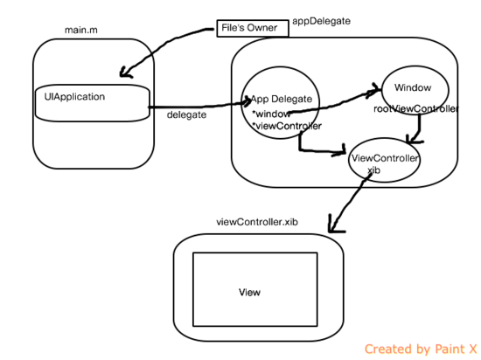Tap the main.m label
pos(81,30)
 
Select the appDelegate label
pos(321,21)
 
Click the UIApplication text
pos(74,97)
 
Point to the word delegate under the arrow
pos(186,114)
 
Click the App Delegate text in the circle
pos(282,100)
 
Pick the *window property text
pos(271,114)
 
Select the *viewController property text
pos(287,126)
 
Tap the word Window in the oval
pos(413,87)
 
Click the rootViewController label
pos(416,108)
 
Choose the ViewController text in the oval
pos(385,158)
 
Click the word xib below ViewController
pos(374,170)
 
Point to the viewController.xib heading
pos(257,222)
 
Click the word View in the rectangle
pos(249,293)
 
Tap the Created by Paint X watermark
pos(421,350)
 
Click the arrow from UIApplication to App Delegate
pos(199,106)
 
